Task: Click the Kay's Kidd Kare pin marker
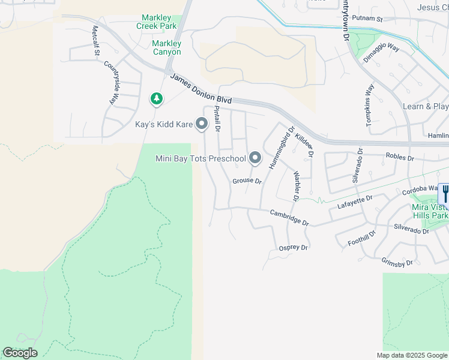[x=202, y=124]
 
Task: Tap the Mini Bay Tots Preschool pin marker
[x=255, y=158]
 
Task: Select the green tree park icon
[x=156, y=98]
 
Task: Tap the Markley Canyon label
[x=166, y=47]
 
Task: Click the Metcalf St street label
[x=96, y=41]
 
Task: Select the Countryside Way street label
[x=110, y=83]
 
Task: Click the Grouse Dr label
[x=247, y=181]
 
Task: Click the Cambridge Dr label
[x=289, y=217]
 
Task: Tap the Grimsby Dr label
[x=397, y=262]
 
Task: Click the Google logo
[x=20, y=353]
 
